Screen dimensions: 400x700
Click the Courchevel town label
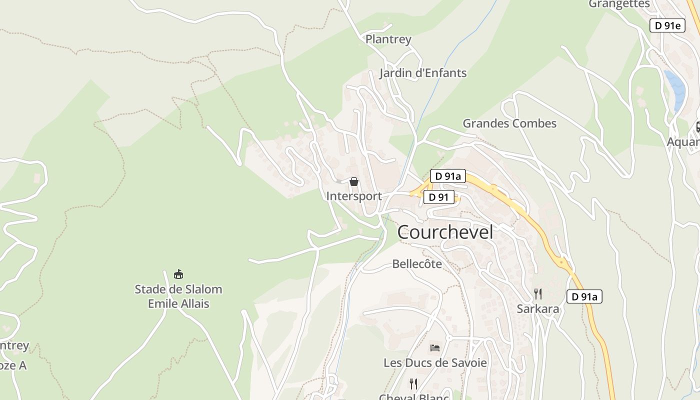(x=445, y=232)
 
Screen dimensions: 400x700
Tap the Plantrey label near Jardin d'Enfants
(x=388, y=39)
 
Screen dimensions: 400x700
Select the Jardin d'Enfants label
(x=422, y=73)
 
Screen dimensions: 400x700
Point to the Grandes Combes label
(x=509, y=123)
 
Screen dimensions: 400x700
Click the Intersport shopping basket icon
(x=354, y=181)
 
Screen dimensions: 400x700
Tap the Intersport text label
(x=354, y=196)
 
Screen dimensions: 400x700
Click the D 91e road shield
(x=667, y=25)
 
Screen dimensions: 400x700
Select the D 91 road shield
(x=439, y=197)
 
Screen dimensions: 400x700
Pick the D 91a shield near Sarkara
(x=584, y=296)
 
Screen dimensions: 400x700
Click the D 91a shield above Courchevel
(x=448, y=176)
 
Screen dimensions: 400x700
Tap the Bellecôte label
(x=417, y=263)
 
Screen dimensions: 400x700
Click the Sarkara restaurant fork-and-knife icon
(x=538, y=293)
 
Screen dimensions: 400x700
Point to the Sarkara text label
(x=538, y=308)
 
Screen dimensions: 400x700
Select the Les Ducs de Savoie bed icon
(x=435, y=348)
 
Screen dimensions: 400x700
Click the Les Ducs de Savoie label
(x=435, y=362)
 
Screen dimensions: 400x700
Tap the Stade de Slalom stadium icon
(x=178, y=274)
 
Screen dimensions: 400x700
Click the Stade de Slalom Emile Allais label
(x=178, y=296)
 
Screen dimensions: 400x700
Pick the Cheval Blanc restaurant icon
(x=413, y=383)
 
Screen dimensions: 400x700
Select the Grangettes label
(x=619, y=4)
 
